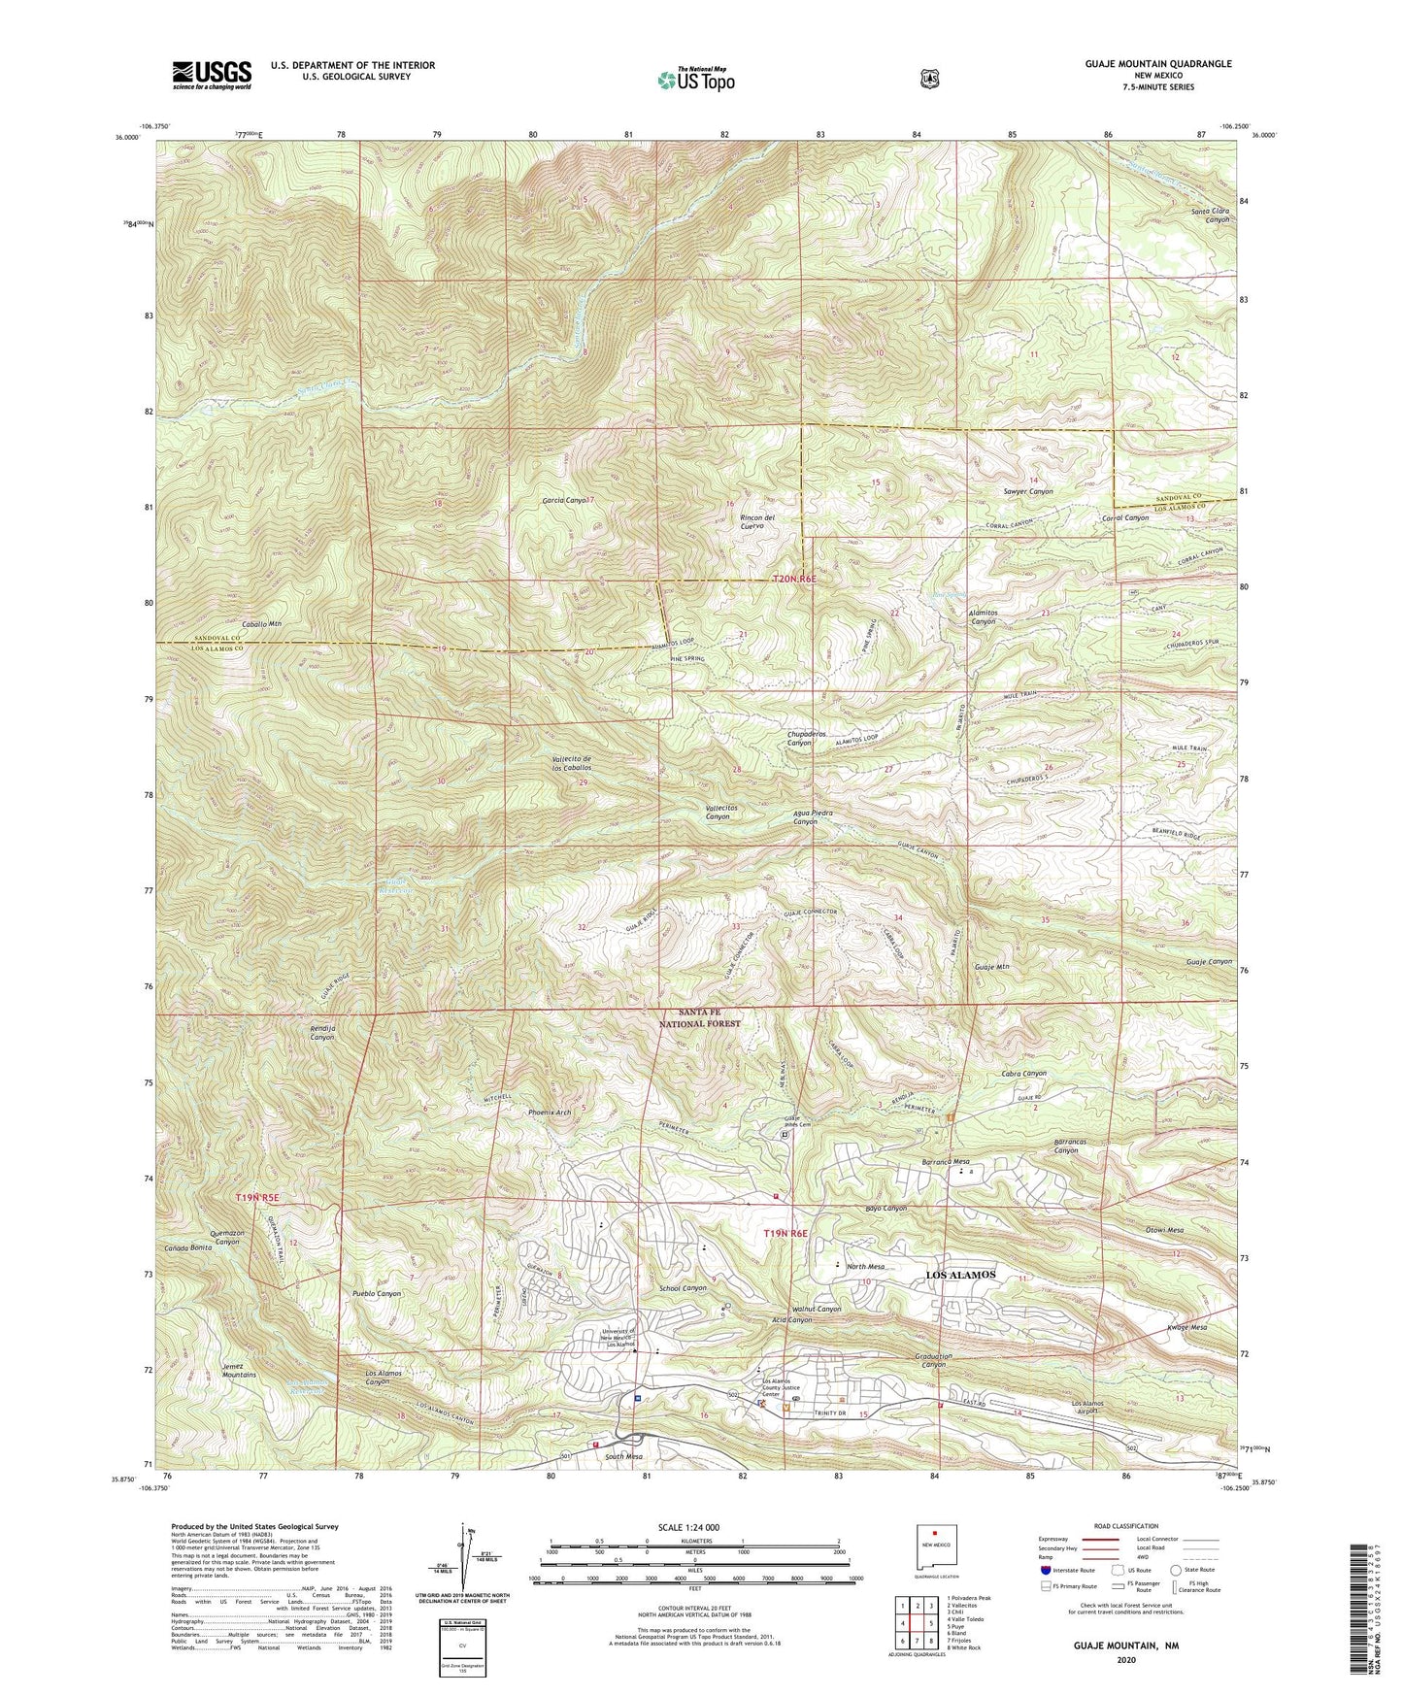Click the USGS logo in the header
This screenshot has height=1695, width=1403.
pos(212,74)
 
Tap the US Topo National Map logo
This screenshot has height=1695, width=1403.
pos(695,79)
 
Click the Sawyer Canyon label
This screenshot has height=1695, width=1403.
pos(1027,492)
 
